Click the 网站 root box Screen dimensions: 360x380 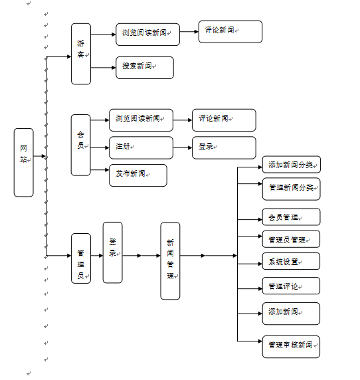(x=23, y=162)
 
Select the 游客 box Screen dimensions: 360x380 (x=81, y=54)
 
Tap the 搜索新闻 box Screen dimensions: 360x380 (x=145, y=68)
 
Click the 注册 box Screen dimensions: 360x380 (x=141, y=147)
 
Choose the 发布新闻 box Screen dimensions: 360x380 (x=138, y=175)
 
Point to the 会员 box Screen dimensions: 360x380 (x=80, y=145)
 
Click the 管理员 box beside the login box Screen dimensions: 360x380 (x=81, y=258)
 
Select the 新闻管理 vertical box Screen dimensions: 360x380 (x=170, y=261)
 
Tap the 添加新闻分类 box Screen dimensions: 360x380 (x=292, y=165)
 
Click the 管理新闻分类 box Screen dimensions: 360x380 (x=291, y=189)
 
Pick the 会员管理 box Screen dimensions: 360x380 (x=291, y=217)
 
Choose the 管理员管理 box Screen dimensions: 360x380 (x=291, y=239)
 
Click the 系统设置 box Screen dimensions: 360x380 (x=291, y=261)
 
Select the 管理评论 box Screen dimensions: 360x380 (x=291, y=286)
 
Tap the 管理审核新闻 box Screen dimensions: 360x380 (x=291, y=347)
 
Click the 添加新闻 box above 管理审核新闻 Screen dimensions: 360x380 (x=291, y=314)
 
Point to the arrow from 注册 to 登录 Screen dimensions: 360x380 (x=183, y=147)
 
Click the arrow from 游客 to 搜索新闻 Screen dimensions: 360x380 (x=104, y=68)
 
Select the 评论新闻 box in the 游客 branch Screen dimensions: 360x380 (x=230, y=32)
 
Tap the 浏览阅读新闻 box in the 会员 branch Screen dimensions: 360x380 (x=141, y=120)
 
